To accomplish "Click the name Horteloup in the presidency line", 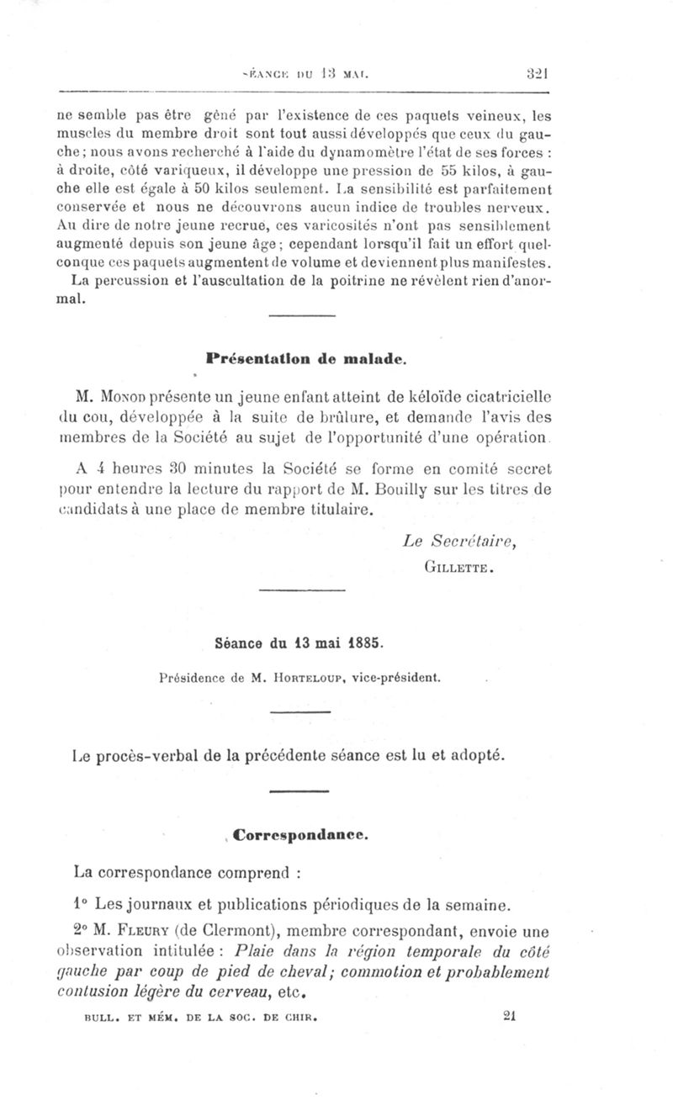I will click(326, 675).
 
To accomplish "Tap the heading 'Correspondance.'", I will click(300, 836).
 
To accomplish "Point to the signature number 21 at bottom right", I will click(507, 1015).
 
